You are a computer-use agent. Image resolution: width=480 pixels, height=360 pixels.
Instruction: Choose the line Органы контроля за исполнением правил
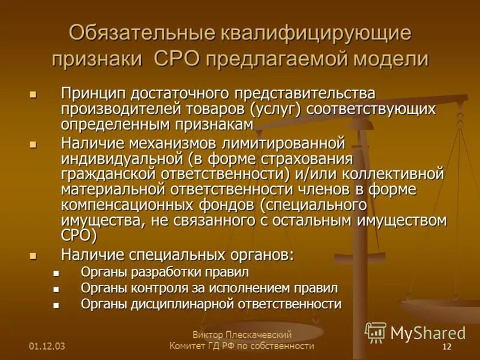click(209, 289)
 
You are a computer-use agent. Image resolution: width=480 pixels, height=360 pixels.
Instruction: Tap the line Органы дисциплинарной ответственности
click(211, 304)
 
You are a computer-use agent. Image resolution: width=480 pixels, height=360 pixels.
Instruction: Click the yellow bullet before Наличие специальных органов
click(33, 256)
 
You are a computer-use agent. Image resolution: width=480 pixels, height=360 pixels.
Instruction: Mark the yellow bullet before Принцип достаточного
click(33, 95)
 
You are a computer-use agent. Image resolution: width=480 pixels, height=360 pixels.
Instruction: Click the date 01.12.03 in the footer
click(47, 347)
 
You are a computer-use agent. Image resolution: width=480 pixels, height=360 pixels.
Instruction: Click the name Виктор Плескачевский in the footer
click(242, 335)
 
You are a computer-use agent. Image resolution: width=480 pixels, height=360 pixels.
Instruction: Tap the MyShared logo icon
click(376, 332)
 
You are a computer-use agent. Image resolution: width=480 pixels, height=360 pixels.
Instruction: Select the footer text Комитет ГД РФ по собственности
click(242, 346)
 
